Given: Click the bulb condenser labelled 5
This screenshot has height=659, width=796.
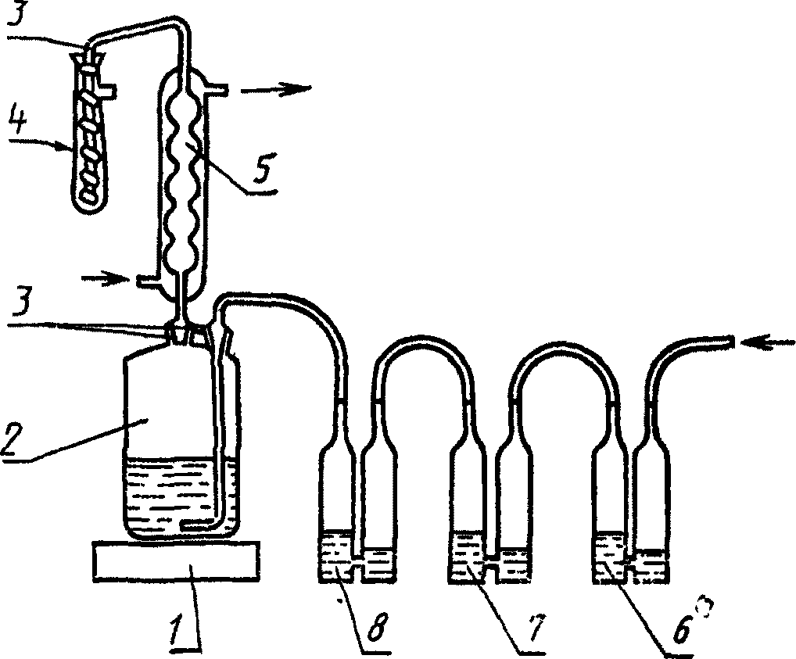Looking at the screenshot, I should tap(185, 180).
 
